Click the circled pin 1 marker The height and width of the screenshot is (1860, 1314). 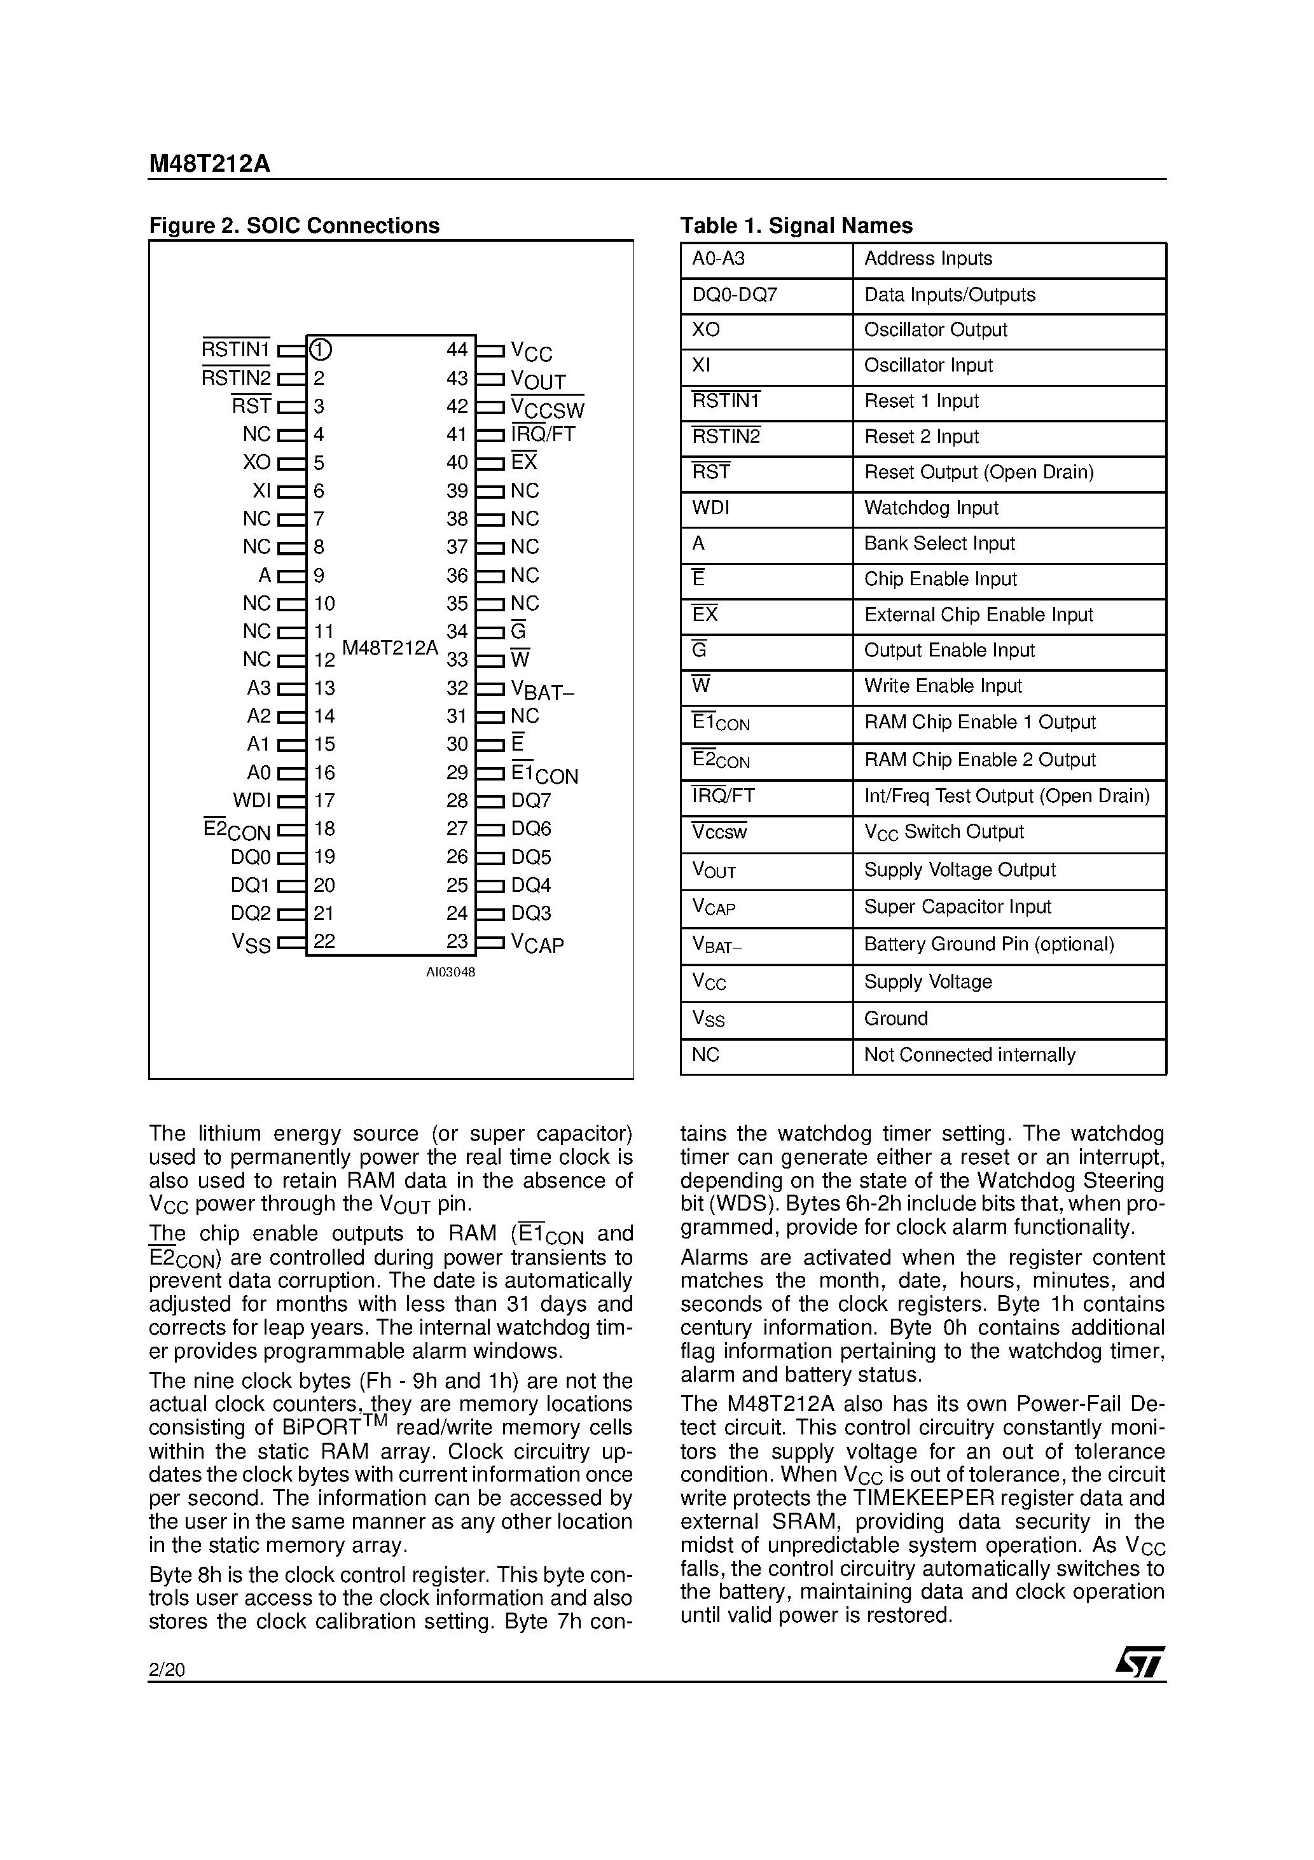pyautogui.click(x=321, y=350)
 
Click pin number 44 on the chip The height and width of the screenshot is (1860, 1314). pyautogui.click(x=457, y=350)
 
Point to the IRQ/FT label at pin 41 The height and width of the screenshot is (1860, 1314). pyautogui.click(x=543, y=434)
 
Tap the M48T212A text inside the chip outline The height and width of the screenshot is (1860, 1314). pyautogui.click(x=390, y=648)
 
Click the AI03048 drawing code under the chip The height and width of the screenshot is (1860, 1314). pyautogui.click(x=450, y=972)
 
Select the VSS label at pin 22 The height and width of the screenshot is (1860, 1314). pyautogui.click(x=251, y=943)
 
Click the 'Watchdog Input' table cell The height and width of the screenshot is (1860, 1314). pyautogui.click(x=931, y=508)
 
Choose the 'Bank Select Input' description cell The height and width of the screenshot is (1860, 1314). pyautogui.click(x=939, y=544)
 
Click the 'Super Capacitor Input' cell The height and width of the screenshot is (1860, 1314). pyautogui.click(x=957, y=906)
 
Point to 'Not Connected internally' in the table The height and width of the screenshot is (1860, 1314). pyautogui.click(x=969, y=1055)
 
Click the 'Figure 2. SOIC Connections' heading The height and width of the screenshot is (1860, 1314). pyautogui.click(x=294, y=225)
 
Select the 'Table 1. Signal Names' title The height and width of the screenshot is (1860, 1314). pyautogui.click(x=796, y=225)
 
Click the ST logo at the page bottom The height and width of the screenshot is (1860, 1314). pyautogui.click(x=1140, y=1662)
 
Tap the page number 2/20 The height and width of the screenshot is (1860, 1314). pyautogui.click(x=167, y=1670)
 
